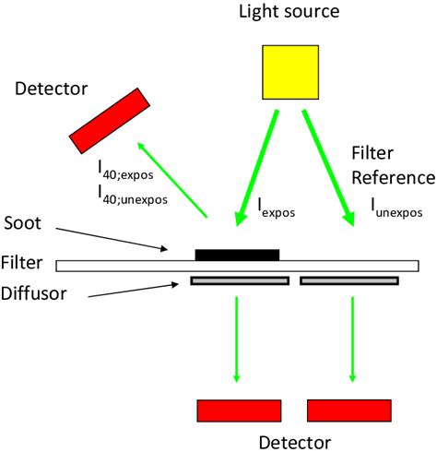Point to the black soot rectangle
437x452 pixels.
pyautogui.click(x=237, y=254)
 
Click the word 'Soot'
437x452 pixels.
pyautogui.click(x=27, y=224)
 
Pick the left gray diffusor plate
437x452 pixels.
pyautogui.click(x=240, y=280)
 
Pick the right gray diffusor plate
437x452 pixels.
pyautogui.click(x=349, y=280)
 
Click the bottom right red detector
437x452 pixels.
pyautogui.click(x=352, y=409)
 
